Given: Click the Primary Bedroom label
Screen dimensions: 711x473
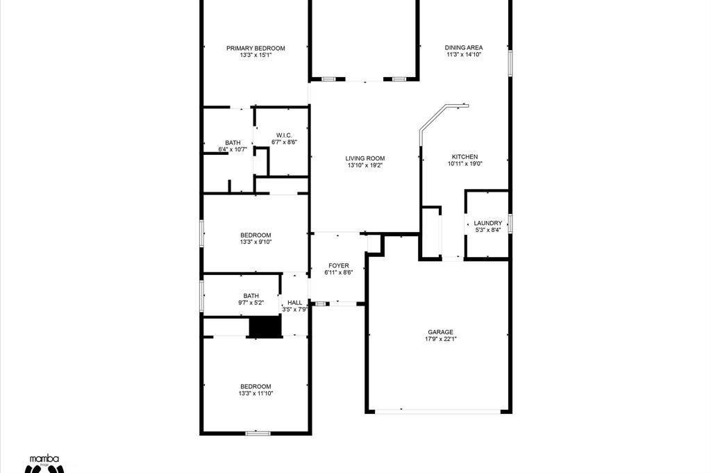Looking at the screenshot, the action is [256, 49].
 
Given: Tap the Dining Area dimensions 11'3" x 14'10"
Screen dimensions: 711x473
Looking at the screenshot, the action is [463, 54].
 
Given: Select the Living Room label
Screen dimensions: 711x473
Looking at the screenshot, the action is [365, 158].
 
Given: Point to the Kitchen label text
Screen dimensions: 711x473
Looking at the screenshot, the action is [465, 157].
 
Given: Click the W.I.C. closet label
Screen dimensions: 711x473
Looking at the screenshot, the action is [284, 135].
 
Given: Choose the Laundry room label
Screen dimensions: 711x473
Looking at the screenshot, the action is [488, 223].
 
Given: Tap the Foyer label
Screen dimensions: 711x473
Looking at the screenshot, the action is [339, 266].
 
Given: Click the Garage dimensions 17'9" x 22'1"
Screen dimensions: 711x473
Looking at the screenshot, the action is [441, 339].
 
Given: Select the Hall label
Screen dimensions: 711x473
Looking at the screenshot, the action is [294, 303].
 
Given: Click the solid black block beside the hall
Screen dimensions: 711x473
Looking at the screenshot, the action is [265, 327].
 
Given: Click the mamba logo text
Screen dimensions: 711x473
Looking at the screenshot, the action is [44, 459].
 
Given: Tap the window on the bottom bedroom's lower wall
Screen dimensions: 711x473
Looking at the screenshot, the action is [258, 433].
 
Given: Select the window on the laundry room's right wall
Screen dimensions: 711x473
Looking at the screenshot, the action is [510, 224].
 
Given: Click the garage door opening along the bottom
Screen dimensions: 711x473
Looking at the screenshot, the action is [437, 412].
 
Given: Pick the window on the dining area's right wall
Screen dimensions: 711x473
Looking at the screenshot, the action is [510, 62].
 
